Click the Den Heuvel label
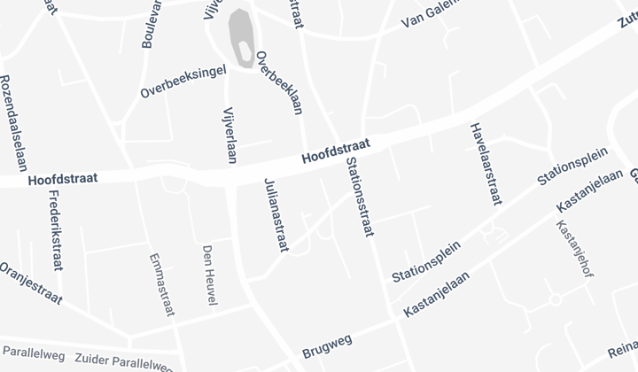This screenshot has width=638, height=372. click(x=209, y=276)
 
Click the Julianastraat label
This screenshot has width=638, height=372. click(x=276, y=215)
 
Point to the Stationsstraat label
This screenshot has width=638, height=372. click(x=358, y=197)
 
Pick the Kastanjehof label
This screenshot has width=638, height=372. click(x=574, y=247)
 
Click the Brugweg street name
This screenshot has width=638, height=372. click(x=328, y=343)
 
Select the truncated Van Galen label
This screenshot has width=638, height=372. click(x=431, y=15)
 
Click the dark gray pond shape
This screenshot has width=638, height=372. click(x=241, y=35)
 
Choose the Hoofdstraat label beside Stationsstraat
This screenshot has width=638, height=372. click(x=334, y=153)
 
